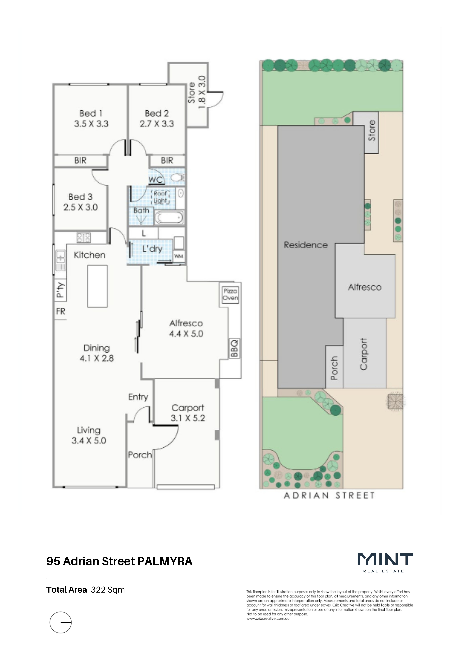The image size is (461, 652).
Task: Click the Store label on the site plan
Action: [x=371, y=130]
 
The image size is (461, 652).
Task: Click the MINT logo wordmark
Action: [x=385, y=559]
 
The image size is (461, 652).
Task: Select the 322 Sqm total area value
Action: [x=108, y=590]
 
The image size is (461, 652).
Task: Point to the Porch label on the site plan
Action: [x=334, y=368]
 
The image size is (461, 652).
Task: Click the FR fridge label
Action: [x=61, y=311]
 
